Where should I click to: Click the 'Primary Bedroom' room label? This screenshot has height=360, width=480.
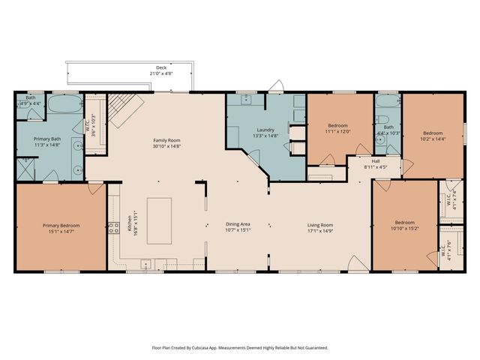point(61,225)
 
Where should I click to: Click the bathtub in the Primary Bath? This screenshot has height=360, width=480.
point(64,105)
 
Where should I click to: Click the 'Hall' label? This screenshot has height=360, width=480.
point(376,163)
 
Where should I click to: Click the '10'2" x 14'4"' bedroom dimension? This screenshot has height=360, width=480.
point(432,138)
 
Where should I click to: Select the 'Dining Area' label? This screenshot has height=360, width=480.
point(238,224)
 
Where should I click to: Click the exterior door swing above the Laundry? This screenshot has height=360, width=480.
point(277,86)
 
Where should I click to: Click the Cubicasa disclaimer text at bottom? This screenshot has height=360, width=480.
point(240,347)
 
